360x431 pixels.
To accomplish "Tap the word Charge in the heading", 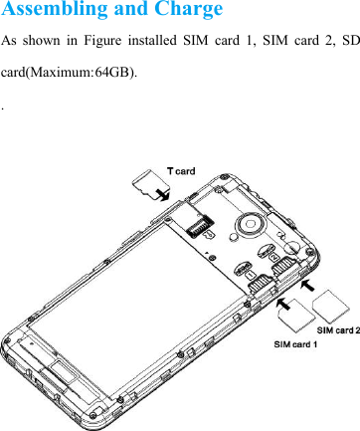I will tap(189, 11).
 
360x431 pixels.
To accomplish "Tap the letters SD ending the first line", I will tap(349, 44).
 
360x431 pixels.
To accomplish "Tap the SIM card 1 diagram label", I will tap(295, 344).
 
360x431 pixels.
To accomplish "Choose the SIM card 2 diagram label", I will tap(338, 329).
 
